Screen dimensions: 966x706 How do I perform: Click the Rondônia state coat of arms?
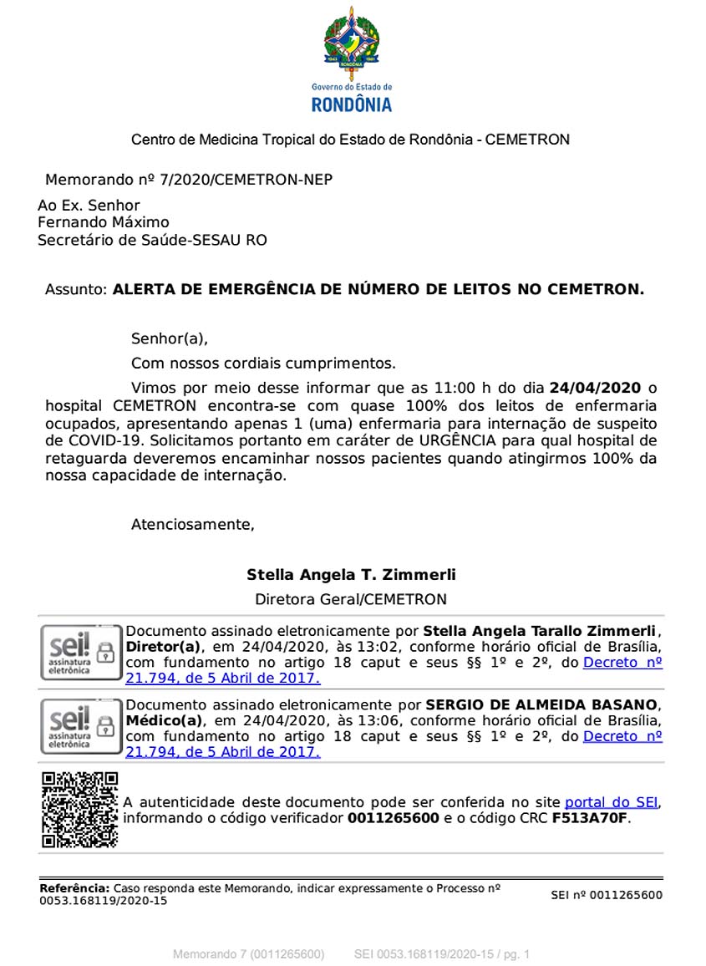352,41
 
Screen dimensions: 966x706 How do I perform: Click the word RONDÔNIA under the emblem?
352,104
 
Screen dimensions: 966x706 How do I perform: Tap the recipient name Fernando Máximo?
103,222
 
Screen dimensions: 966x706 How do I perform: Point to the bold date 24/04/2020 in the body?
595,388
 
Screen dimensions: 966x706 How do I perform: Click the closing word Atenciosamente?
192,525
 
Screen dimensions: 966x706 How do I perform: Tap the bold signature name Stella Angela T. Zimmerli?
351,575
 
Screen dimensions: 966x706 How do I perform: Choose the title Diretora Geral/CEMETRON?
351,599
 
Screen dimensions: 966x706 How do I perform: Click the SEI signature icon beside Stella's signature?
81,651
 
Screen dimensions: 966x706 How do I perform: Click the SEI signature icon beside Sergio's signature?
81,726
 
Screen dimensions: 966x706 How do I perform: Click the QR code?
79,810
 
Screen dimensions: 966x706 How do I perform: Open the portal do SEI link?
611,802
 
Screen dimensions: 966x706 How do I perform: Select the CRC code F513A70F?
589,818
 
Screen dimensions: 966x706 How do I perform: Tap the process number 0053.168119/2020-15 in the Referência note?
104,901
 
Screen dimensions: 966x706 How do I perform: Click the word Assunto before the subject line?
76,290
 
